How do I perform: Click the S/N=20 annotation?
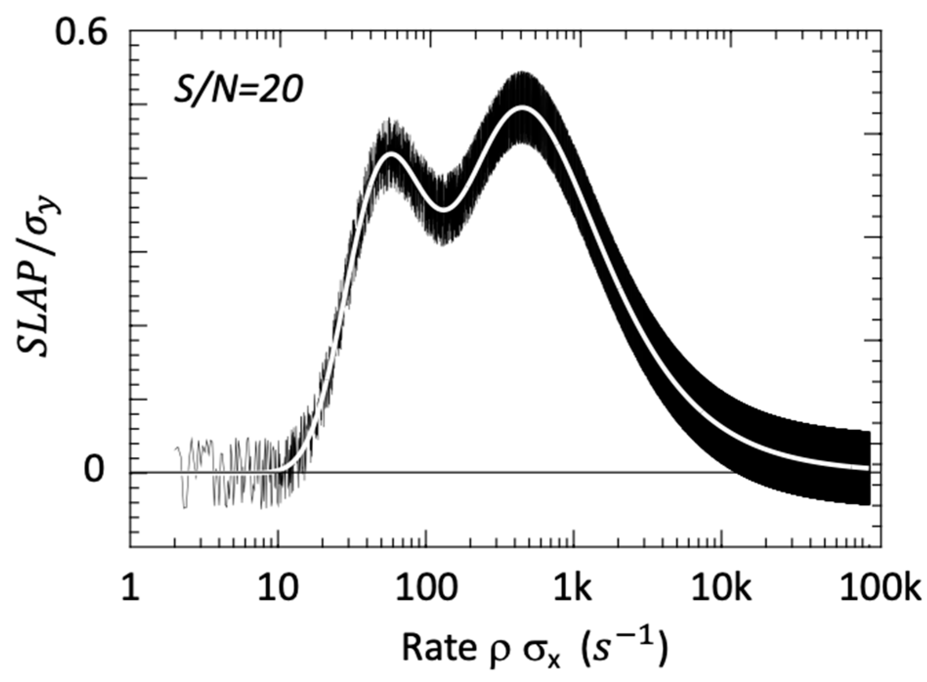click(238, 90)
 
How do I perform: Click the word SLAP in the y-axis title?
click(34, 308)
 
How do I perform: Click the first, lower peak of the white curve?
click(391, 155)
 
